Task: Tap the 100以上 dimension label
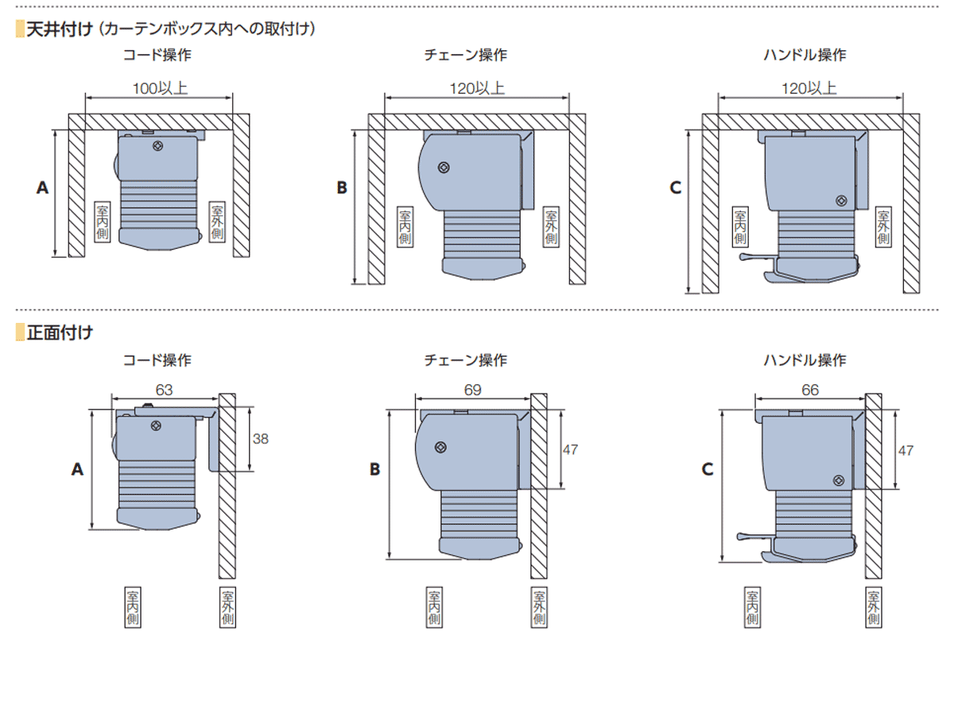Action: pyautogui.click(x=160, y=88)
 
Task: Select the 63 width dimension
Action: pyautogui.click(x=165, y=390)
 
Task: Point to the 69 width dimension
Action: pyautogui.click(x=471, y=390)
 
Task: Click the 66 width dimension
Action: pyautogui.click(x=809, y=390)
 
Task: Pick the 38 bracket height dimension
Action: pyautogui.click(x=260, y=438)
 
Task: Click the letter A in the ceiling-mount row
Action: pyautogui.click(x=42, y=188)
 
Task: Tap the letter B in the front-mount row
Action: pyautogui.click(x=374, y=469)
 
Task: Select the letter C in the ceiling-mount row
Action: pyautogui.click(x=676, y=188)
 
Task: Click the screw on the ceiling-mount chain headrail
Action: pyautogui.click(x=443, y=168)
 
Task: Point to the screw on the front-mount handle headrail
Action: pyautogui.click(x=839, y=480)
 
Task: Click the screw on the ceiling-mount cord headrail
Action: pyautogui.click(x=158, y=146)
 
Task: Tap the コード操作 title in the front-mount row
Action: pyautogui.click(x=157, y=360)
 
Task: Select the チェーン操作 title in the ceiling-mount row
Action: pyautogui.click(x=466, y=55)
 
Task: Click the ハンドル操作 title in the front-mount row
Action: pyautogui.click(x=805, y=360)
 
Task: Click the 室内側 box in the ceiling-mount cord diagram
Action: pyautogui.click(x=103, y=222)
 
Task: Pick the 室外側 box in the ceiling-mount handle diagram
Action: pyautogui.click(x=883, y=226)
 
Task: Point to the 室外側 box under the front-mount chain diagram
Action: pyautogui.click(x=539, y=608)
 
